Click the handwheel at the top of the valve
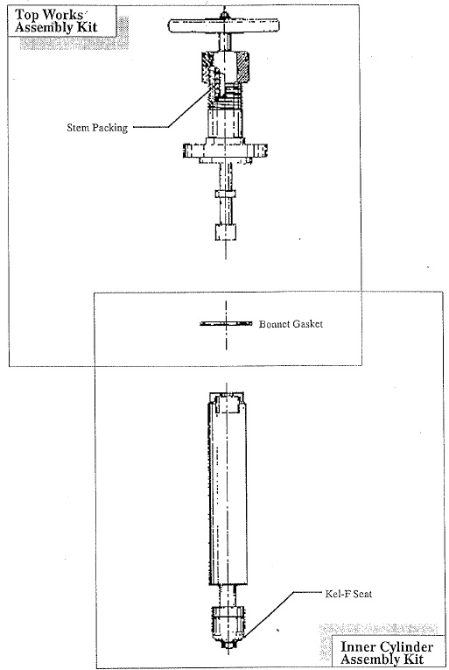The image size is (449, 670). click(224, 25)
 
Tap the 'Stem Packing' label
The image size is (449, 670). click(97, 127)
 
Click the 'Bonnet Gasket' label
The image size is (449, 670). click(291, 324)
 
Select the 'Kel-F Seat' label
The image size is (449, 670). click(348, 594)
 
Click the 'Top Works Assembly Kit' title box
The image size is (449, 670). click(61, 21)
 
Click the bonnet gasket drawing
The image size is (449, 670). click(226, 324)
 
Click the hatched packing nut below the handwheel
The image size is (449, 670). click(224, 67)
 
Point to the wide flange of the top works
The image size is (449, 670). click(226, 151)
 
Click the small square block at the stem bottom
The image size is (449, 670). click(225, 231)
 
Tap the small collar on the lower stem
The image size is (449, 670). click(226, 194)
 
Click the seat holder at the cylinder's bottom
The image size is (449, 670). click(228, 624)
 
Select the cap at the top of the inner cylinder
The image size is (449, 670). click(227, 403)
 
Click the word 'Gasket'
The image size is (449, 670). click(306, 324)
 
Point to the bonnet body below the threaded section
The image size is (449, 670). click(225, 123)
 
